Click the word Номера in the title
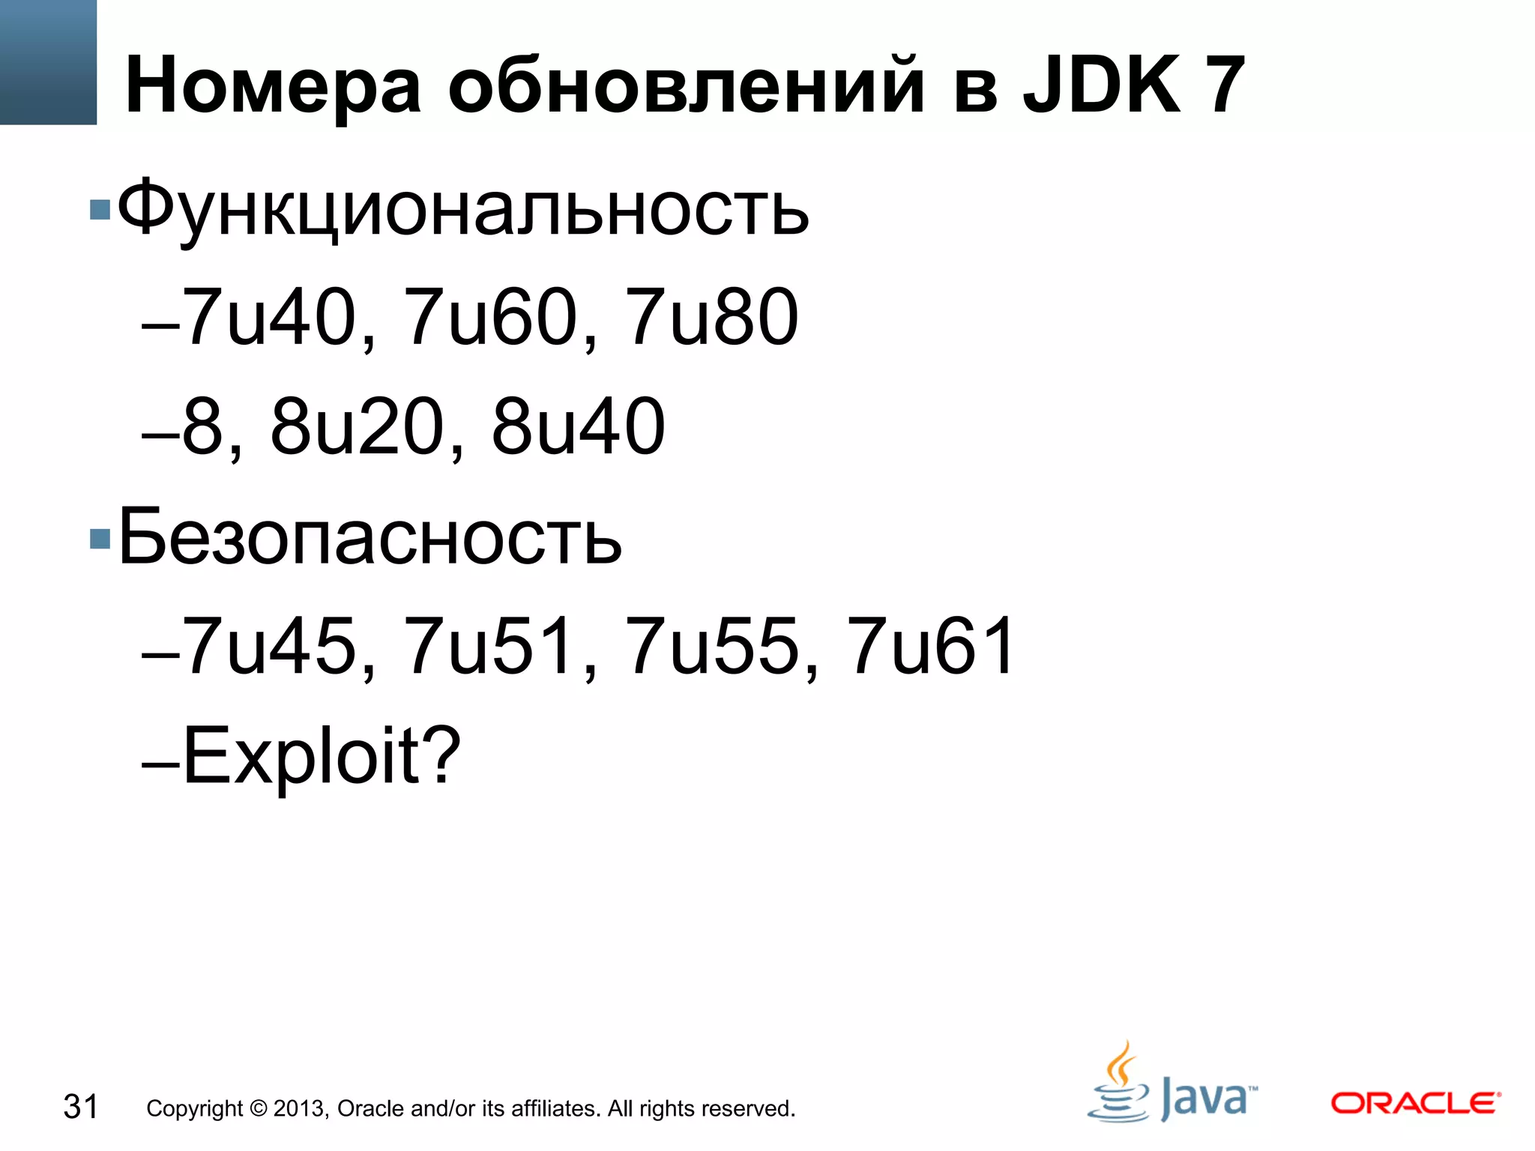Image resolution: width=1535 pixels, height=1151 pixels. [x=273, y=87]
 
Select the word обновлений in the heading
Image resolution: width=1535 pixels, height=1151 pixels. [x=686, y=87]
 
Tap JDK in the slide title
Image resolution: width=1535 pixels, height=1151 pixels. [x=1102, y=85]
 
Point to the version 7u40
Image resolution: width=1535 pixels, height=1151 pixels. [x=270, y=318]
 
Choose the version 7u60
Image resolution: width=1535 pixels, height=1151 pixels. [x=492, y=318]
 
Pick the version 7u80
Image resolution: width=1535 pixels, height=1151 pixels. [x=713, y=318]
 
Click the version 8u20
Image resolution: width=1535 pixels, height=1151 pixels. [x=358, y=427]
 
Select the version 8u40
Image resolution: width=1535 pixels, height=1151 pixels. [x=579, y=427]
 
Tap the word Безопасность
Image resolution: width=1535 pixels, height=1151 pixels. [x=370, y=537]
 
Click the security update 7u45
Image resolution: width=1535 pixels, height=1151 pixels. [x=270, y=646]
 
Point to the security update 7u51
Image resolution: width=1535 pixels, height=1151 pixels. [x=492, y=646]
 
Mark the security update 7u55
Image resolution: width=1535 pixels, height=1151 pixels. [x=713, y=646]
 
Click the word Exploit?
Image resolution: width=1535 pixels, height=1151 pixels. [x=322, y=755]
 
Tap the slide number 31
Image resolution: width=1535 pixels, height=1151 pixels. [x=81, y=1107]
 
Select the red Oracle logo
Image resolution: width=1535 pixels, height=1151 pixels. [x=1415, y=1103]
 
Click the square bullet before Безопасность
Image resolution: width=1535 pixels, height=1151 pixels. [x=100, y=539]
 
